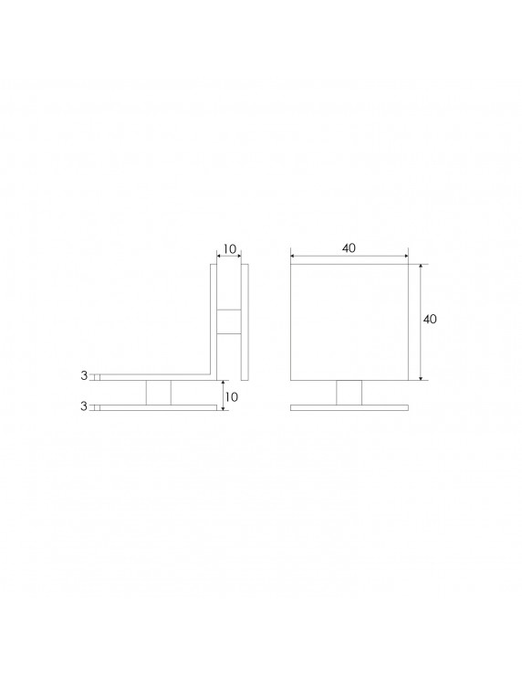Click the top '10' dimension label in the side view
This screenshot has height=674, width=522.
229,249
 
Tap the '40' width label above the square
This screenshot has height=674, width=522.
350,247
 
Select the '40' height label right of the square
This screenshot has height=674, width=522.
432,320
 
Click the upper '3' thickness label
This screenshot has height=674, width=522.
84,375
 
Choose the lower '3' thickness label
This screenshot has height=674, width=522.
84,406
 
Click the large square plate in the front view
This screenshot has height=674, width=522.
350,321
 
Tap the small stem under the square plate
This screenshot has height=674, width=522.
350,392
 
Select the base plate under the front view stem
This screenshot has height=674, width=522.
350,407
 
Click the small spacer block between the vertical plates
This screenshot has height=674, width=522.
229,321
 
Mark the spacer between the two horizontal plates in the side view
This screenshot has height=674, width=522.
158,392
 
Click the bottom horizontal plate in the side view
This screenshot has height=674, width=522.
155,407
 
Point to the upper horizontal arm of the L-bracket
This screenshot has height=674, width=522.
155,375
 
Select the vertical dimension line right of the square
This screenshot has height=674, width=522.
421,347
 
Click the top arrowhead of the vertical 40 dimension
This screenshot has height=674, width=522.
421,268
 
